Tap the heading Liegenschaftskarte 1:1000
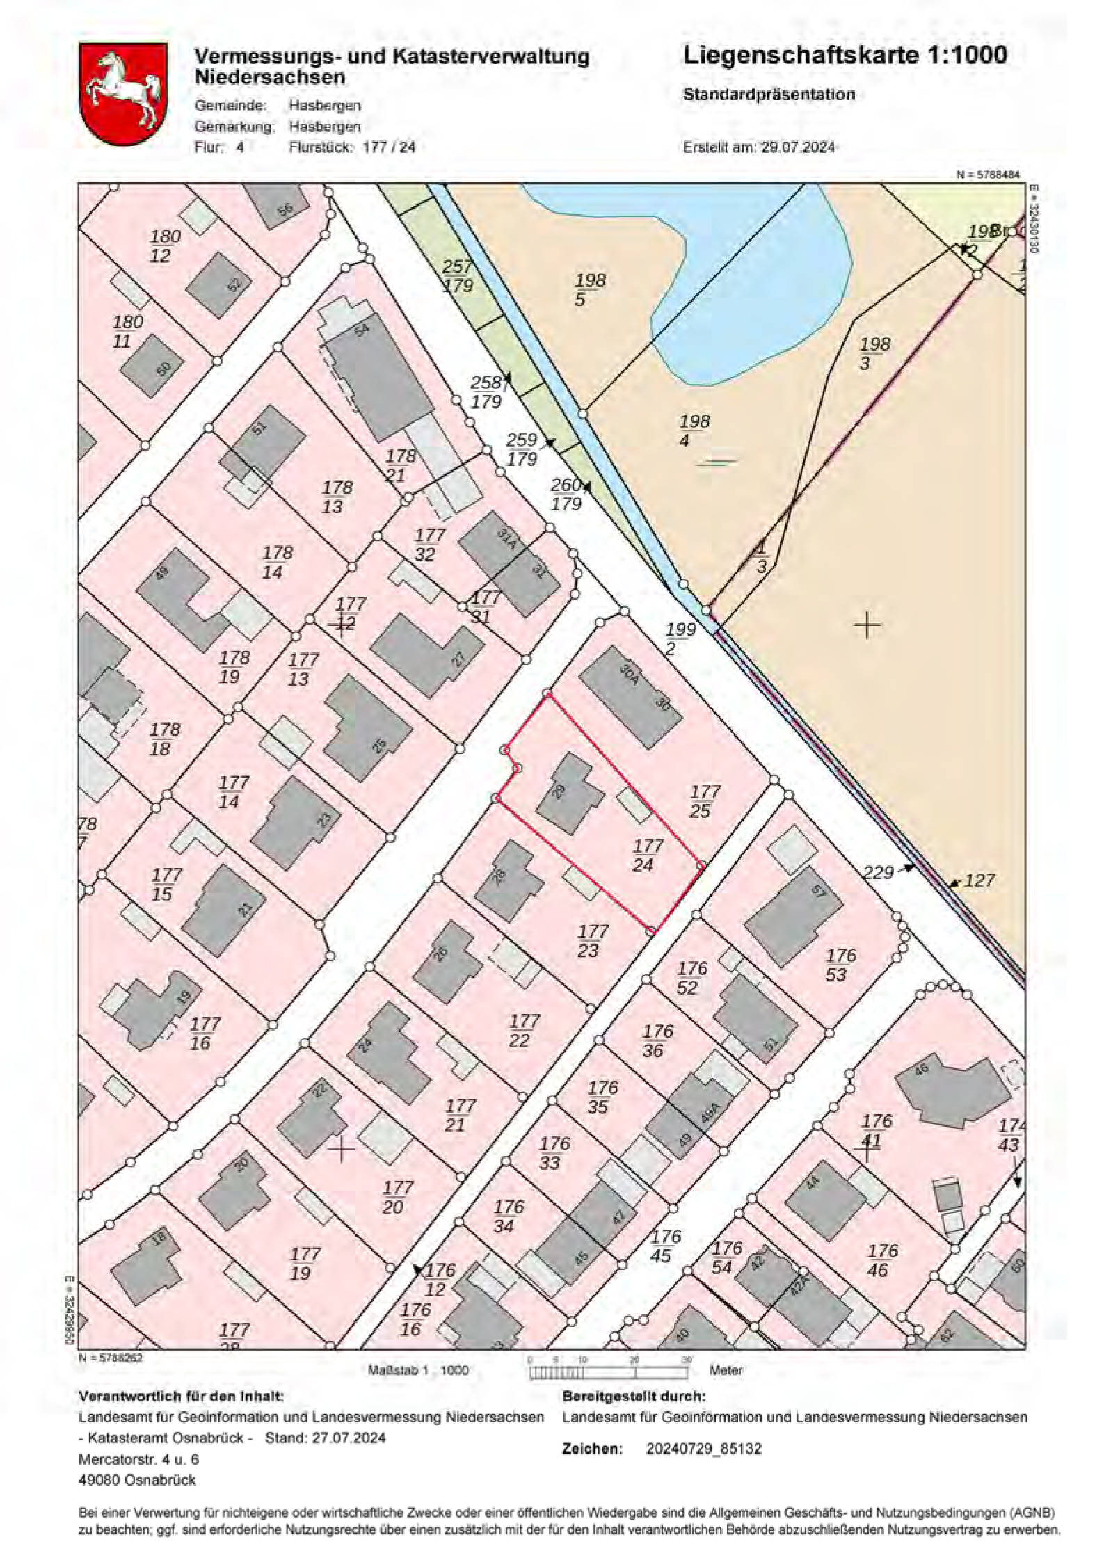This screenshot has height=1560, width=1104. pos(845,55)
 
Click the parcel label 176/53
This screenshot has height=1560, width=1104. pos(840,965)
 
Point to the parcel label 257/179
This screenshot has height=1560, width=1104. pos(457,276)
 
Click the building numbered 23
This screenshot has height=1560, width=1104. pos(296,822)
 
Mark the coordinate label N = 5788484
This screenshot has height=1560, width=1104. pos(988,175)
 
